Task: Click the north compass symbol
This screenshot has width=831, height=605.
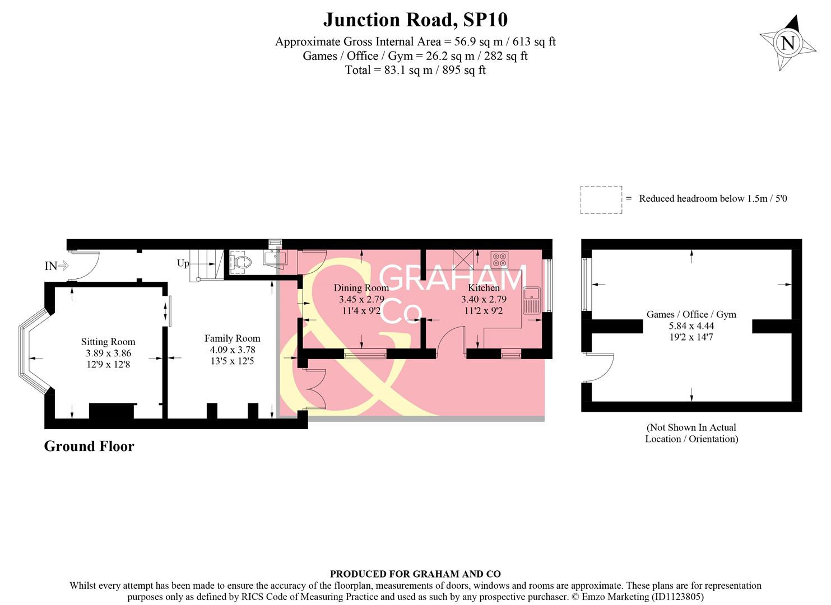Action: point(787,43)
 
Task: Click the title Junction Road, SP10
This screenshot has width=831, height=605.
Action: point(415,20)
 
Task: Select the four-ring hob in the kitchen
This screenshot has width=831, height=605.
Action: point(499,260)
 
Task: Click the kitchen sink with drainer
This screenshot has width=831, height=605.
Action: point(531,300)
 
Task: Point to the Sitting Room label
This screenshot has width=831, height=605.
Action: point(108,342)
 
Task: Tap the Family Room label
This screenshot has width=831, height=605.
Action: point(232,338)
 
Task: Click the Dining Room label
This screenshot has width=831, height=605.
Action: point(361,288)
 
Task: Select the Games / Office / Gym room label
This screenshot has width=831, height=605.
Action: point(691,314)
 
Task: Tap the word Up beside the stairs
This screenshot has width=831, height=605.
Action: point(183,263)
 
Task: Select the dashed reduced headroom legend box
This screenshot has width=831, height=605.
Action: point(601,199)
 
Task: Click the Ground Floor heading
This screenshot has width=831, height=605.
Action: point(89,446)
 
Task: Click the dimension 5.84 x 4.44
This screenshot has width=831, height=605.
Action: point(691,326)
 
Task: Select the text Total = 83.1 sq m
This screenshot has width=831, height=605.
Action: point(415,70)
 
